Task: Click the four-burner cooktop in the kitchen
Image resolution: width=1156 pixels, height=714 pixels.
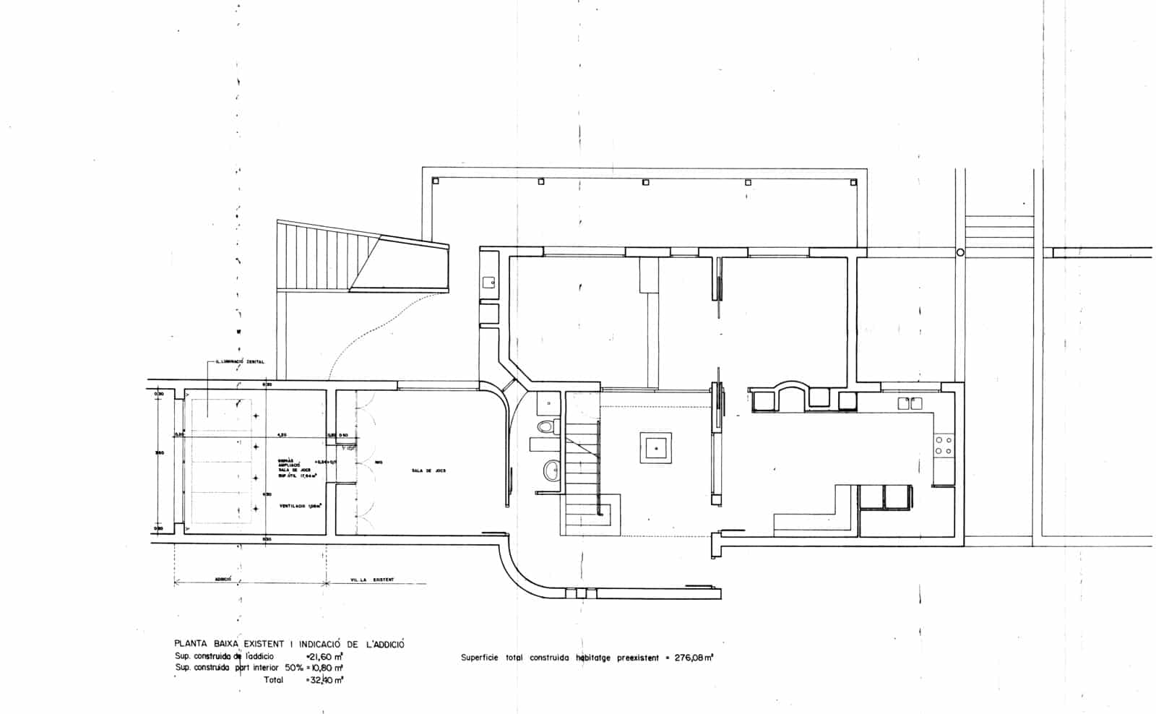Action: coord(944,444)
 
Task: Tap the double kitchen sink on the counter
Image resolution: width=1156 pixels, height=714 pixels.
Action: coord(907,403)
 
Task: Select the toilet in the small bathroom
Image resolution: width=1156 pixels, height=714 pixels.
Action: coord(547,427)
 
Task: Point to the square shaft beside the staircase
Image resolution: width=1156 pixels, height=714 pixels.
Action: coord(655,449)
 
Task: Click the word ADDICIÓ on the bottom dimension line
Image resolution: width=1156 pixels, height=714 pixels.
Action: coord(223,580)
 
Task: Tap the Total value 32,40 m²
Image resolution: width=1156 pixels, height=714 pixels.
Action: coord(325,680)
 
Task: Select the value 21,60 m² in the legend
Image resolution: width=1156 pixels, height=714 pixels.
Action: coord(325,656)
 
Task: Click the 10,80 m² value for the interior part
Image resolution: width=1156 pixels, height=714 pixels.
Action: coord(325,668)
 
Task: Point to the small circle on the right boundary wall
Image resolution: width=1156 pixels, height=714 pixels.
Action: coord(960,252)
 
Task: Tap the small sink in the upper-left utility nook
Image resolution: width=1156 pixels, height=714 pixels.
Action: coord(488,283)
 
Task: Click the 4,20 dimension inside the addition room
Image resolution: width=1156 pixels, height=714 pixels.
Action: coord(283,435)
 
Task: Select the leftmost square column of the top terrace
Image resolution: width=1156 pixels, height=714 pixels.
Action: coord(435,181)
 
